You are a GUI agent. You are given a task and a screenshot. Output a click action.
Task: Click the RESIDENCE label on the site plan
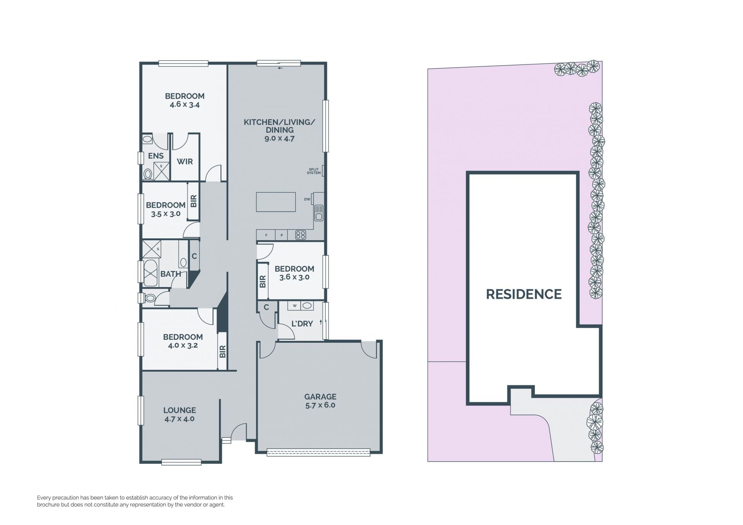point(524,294)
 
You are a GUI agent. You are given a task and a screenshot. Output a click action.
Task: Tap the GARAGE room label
point(320,397)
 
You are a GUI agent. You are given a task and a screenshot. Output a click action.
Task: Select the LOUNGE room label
point(180,410)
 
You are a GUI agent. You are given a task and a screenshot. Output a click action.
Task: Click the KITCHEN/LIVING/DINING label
point(279,126)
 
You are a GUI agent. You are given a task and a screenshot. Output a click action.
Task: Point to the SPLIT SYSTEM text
point(314,171)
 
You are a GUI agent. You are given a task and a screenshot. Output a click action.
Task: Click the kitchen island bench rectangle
point(276,202)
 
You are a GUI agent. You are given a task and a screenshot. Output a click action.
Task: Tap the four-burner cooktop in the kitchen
point(301,235)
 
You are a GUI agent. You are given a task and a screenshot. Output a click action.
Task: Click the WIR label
point(185,161)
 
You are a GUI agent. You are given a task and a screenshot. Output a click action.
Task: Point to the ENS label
point(156,156)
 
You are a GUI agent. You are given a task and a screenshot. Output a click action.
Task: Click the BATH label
point(171,274)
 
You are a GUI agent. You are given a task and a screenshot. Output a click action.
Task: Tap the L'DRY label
point(302,323)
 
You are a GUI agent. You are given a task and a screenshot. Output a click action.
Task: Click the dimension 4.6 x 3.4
point(185,104)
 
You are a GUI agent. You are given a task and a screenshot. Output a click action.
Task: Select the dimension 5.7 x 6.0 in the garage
point(320,405)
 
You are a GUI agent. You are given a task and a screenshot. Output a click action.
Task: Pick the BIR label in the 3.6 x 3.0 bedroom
point(263,281)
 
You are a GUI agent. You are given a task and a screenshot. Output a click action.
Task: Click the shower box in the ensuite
point(161,171)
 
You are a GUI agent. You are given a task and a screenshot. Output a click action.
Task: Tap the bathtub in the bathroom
point(151,273)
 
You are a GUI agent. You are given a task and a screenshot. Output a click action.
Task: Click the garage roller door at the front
point(318,452)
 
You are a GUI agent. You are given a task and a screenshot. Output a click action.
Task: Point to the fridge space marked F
point(266,235)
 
